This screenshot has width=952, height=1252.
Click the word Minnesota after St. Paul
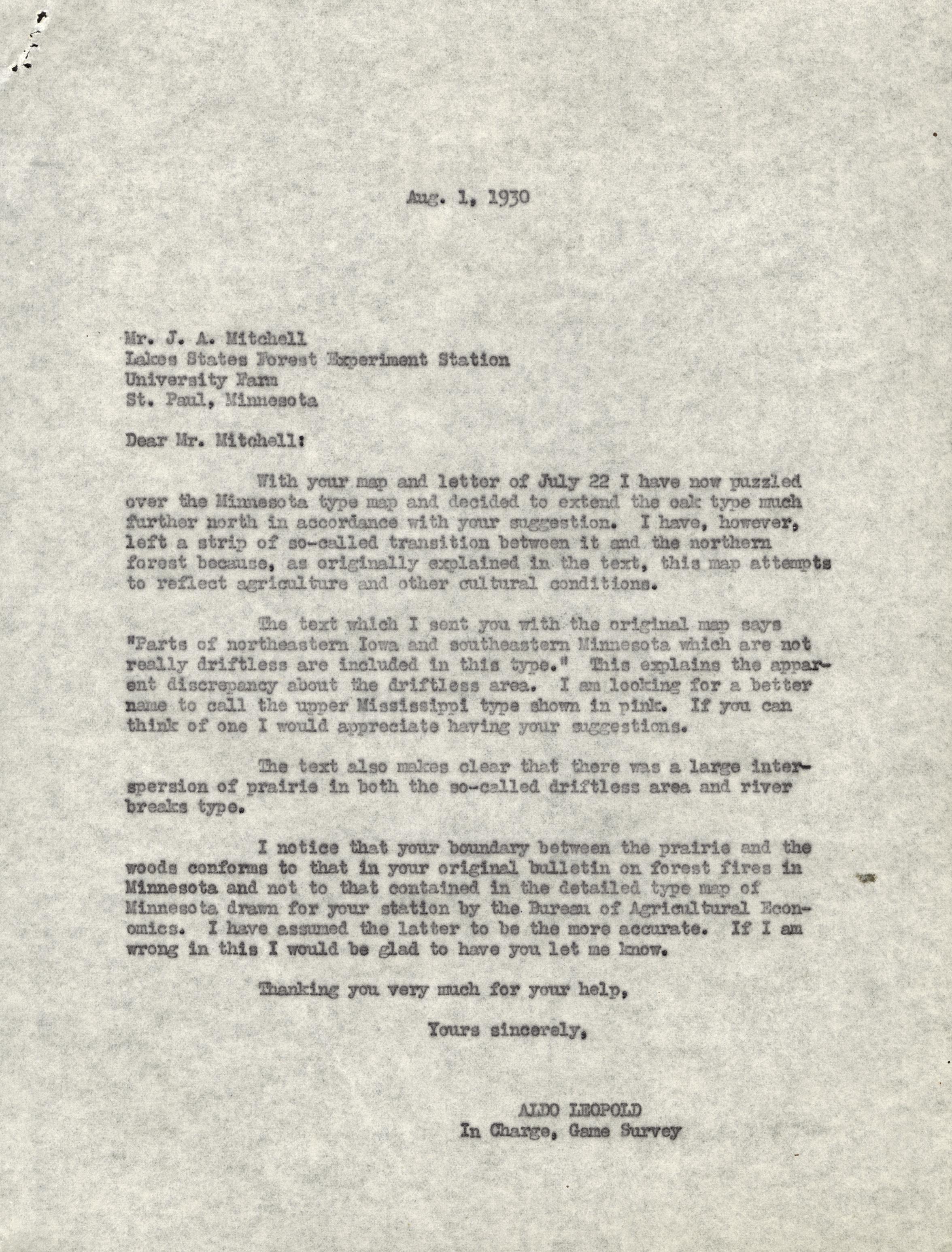point(271,401)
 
